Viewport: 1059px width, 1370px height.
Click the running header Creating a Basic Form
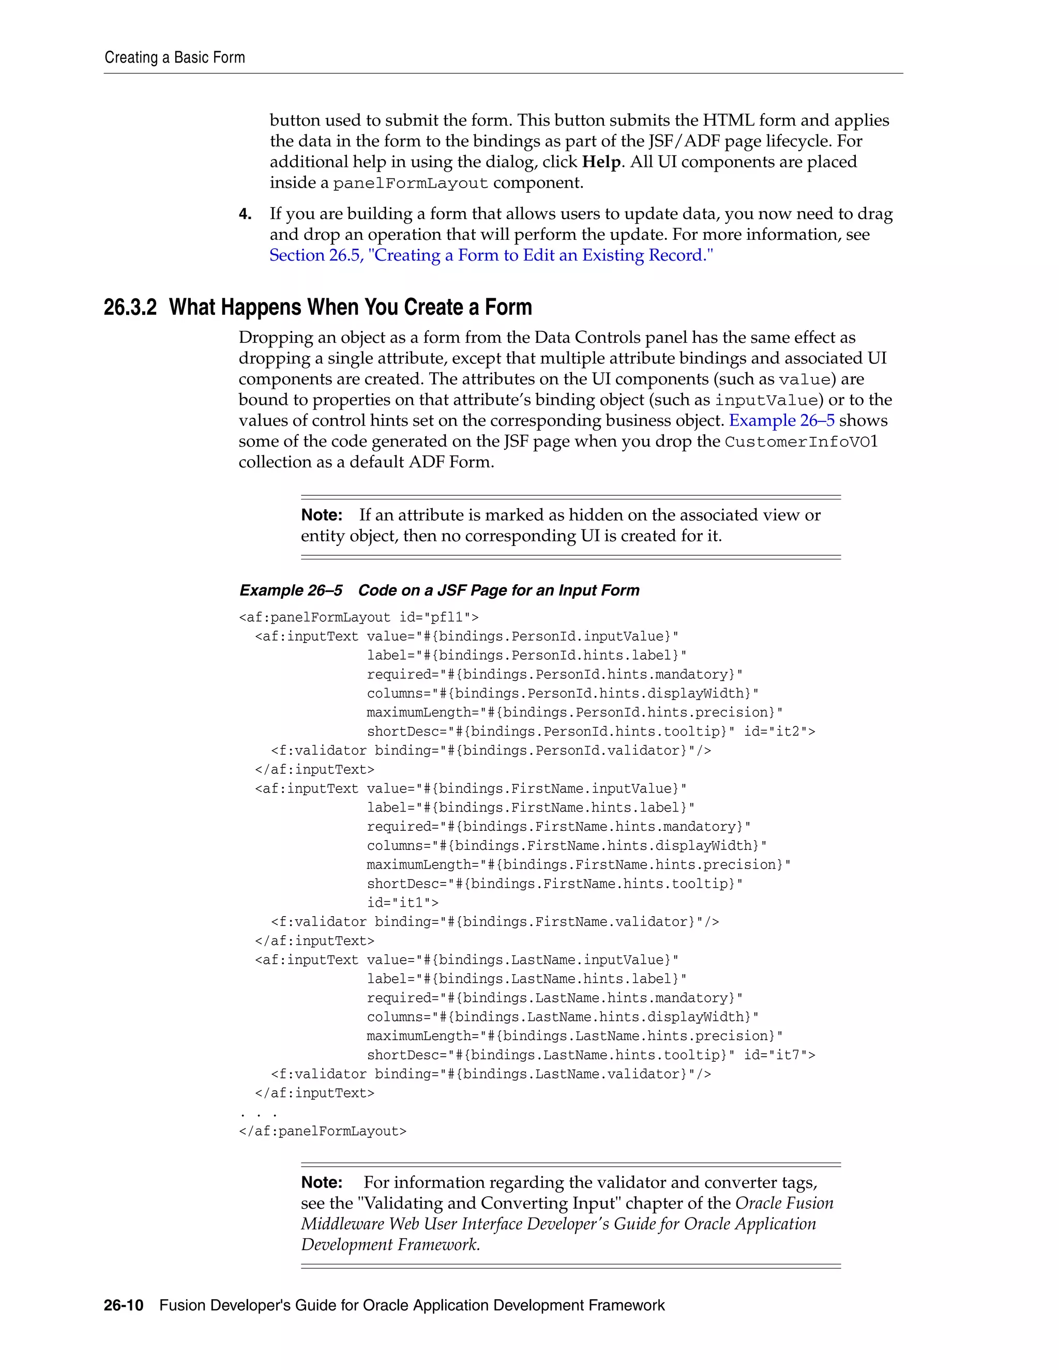click(174, 58)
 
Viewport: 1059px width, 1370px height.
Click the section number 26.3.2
click(130, 308)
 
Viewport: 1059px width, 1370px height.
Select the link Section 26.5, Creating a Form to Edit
click(491, 255)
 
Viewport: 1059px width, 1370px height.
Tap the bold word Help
click(601, 162)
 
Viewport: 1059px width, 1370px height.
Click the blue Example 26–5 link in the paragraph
click(781, 420)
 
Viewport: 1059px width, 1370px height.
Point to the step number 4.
click(245, 215)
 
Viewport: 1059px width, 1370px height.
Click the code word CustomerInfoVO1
click(800, 442)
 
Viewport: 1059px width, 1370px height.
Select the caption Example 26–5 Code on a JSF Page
click(439, 590)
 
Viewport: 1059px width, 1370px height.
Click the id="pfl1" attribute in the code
click(438, 618)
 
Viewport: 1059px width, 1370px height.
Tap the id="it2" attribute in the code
click(779, 732)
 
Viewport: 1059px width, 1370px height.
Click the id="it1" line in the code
click(403, 903)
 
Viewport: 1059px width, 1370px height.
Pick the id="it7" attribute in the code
click(779, 1055)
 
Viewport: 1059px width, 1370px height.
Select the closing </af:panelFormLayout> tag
click(323, 1131)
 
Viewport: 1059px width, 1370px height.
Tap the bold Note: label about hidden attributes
click(321, 515)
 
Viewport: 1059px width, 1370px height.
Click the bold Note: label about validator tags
click(321, 1182)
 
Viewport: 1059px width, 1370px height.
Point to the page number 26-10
click(124, 1305)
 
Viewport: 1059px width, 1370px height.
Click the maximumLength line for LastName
click(574, 1036)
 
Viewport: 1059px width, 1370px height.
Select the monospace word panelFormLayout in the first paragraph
click(410, 183)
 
